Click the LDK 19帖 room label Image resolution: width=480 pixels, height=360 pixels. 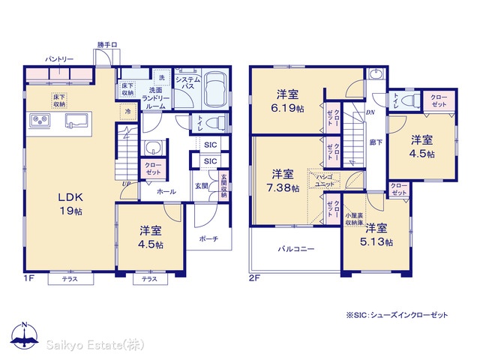(x=70, y=204)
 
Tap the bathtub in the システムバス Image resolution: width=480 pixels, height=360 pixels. (x=215, y=89)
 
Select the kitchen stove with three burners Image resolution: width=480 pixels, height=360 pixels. (x=40, y=120)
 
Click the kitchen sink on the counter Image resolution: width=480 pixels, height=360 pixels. (x=76, y=120)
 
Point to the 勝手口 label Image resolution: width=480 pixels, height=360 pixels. (x=107, y=45)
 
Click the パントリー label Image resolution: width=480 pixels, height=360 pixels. (x=59, y=59)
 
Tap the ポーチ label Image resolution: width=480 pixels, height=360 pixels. (x=208, y=238)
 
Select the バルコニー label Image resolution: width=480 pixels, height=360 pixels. (x=296, y=249)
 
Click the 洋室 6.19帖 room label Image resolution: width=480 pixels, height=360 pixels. (x=287, y=101)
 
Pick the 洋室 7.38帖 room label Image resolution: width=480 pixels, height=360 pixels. (x=283, y=181)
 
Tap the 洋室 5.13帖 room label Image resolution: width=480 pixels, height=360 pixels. (x=376, y=235)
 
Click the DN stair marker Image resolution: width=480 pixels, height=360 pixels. (x=370, y=112)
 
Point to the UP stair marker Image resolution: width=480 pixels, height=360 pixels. (x=126, y=184)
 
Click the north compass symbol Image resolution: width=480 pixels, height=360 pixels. (x=25, y=335)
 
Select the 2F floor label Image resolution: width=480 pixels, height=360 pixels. (x=254, y=278)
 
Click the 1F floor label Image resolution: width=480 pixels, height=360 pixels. (x=29, y=278)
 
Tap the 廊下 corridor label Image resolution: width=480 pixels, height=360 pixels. (x=376, y=142)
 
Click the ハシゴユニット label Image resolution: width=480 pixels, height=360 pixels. (x=325, y=181)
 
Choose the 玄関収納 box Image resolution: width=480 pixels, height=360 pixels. (x=223, y=185)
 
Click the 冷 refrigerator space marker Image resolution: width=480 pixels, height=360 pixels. (x=128, y=112)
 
